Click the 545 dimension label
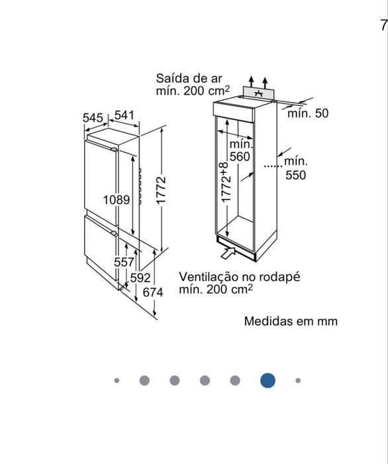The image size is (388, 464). click(x=93, y=117)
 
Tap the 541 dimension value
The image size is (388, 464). click(x=124, y=115)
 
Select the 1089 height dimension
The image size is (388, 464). click(x=117, y=199)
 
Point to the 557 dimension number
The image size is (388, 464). click(x=124, y=262)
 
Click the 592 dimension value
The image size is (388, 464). click(x=140, y=278)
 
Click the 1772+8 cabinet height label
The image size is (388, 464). click(x=226, y=182)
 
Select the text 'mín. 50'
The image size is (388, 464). click(x=307, y=113)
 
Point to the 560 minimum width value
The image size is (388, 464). click(x=240, y=156)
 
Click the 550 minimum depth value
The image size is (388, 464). click(x=296, y=175)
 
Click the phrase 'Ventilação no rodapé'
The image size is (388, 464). click(x=239, y=276)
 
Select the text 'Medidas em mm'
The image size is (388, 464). click(x=291, y=321)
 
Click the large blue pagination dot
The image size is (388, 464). click(x=267, y=380)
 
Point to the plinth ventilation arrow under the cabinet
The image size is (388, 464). click(x=226, y=252)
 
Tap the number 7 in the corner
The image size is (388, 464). click(x=383, y=25)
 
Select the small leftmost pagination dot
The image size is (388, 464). click(x=117, y=380)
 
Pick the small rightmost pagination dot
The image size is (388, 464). click(x=298, y=380)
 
